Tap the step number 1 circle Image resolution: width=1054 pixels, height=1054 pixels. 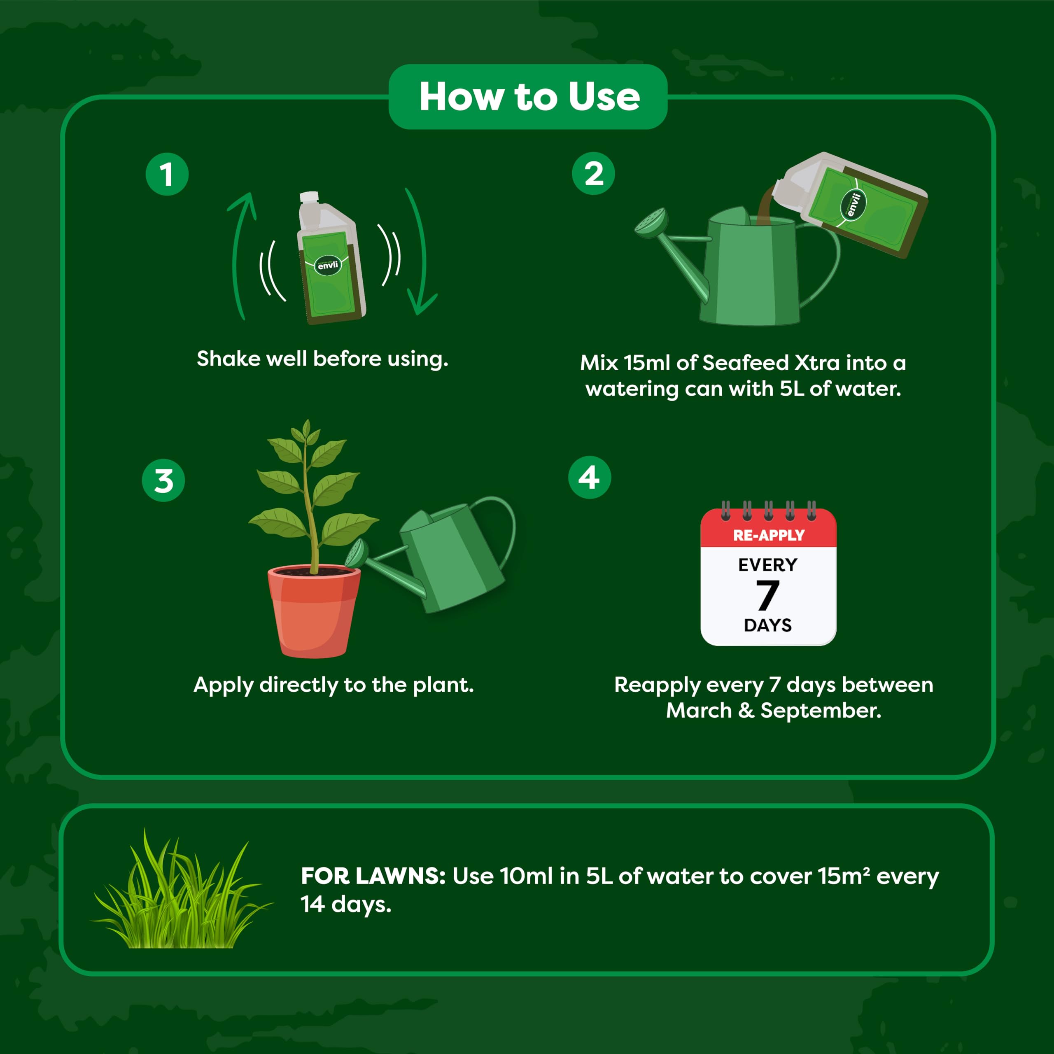pyautogui.click(x=167, y=175)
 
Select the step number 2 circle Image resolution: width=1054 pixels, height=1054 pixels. pyautogui.click(x=594, y=173)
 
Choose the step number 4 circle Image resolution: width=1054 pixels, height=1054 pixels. pyautogui.click(x=590, y=477)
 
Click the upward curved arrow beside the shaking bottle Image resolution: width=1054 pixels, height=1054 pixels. pyautogui.click(x=240, y=251)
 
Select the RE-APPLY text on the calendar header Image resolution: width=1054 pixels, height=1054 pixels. pyautogui.click(x=768, y=535)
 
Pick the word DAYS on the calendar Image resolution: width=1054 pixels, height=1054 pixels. pyautogui.click(x=767, y=625)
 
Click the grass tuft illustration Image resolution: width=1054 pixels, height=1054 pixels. pyautogui.click(x=180, y=895)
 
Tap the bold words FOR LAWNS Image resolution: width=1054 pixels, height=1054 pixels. pyautogui.click(x=373, y=876)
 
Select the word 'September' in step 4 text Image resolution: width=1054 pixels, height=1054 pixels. pyautogui.click(x=820, y=710)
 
